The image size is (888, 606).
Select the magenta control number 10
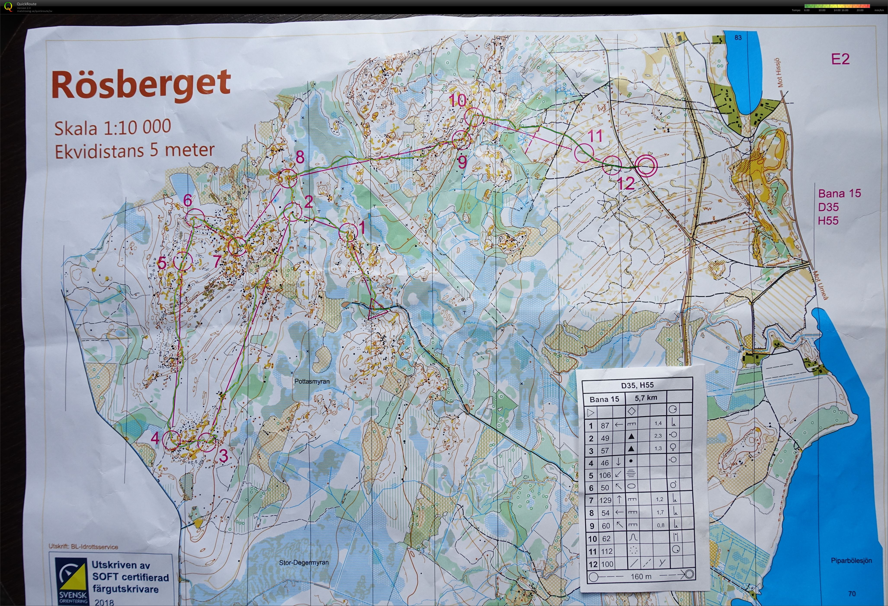point(457,101)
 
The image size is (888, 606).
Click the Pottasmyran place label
point(312,381)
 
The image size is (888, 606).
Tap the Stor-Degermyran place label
point(304,563)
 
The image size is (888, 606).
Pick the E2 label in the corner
point(840,59)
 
